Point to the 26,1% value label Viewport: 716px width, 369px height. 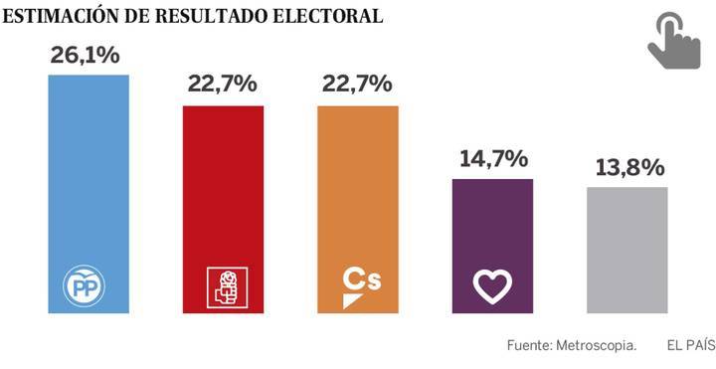85,56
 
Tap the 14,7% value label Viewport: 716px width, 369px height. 492,158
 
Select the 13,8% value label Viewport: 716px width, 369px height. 626,166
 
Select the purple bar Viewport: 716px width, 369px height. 492,229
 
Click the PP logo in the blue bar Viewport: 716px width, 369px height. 89,288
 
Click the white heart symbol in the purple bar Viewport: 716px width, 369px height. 492,286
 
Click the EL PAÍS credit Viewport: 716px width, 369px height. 690,346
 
